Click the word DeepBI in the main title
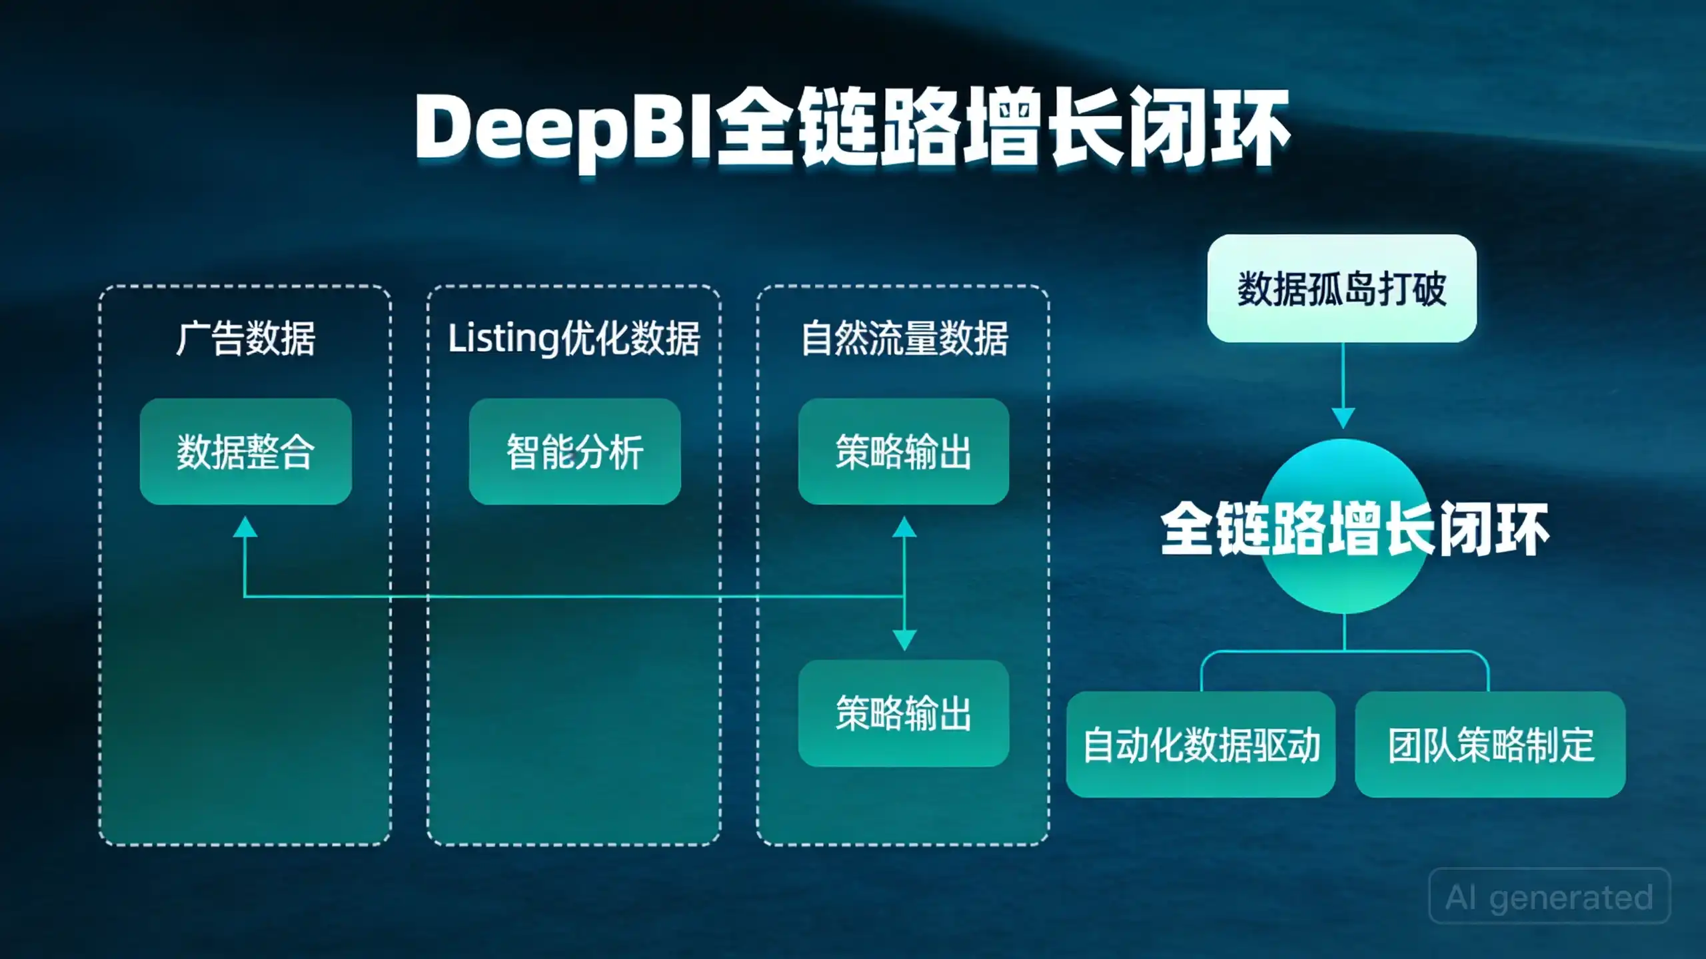click(x=563, y=130)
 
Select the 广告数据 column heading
click(x=245, y=338)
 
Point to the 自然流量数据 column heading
click(x=904, y=338)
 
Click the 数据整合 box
click(x=246, y=452)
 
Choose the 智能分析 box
click(x=575, y=452)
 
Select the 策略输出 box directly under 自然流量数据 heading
click(x=904, y=452)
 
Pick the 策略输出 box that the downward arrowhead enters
click(x=904, y=713)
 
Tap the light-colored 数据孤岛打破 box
click(x=1342, y=288)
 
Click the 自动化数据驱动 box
click(x=1201, y=745)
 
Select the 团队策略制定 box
click(x=1491, y=745)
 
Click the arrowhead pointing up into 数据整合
click(x=245, y=527)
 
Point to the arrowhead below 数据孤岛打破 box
click(x=1343, y=418)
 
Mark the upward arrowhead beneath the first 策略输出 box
click(x=904, y=527)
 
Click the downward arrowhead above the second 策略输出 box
click(x=904, y=641)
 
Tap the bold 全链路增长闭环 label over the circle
click(x=1354, y=529)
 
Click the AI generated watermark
click(x=1550, y=896)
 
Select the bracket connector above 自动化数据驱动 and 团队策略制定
click(x=1345, y=651)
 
